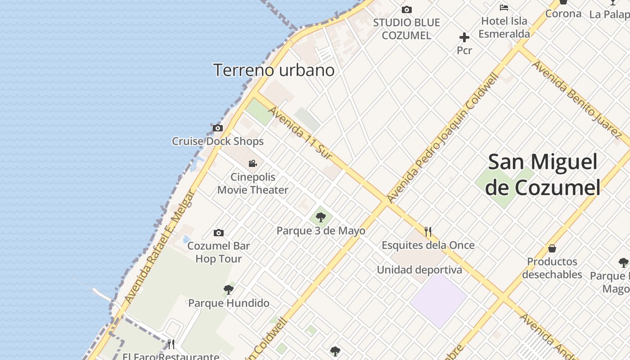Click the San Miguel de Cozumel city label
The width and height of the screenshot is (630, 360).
[x=543, y=175]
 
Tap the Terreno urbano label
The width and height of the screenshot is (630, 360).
[x=274, y=70]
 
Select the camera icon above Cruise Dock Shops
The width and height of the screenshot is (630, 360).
[x=218, y=128]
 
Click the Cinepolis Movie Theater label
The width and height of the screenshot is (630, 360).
[x=253, y=184]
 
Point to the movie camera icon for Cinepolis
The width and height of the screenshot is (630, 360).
[x=253, y=163]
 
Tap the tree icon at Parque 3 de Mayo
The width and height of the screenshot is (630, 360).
[x=321, y=218]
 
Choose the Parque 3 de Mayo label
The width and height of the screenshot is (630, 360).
[x=321, y=231]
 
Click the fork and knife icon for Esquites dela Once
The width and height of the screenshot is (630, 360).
[x=428, y=232]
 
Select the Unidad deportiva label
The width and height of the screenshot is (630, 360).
[x=419, y=270]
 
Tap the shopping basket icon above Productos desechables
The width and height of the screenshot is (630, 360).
[x=552, y=248]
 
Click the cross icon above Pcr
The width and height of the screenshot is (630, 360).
[x=464, y=37]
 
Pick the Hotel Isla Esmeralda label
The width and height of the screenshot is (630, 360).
[x=504, y=27]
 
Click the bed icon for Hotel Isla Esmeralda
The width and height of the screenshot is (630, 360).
[x=504, y=8]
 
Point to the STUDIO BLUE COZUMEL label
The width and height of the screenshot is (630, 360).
[x=406, y=29]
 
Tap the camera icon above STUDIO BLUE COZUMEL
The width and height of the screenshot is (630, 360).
[x=407, y=9]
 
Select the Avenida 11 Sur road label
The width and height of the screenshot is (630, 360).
[x=301, y=134]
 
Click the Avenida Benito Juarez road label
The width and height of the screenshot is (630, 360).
[x=576, y=98]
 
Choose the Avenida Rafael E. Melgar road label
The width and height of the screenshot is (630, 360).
[x=160, y=247]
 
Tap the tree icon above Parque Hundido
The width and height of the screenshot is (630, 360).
[x=229, y=289]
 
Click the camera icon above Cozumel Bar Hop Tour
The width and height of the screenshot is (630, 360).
[x=219, y=233]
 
